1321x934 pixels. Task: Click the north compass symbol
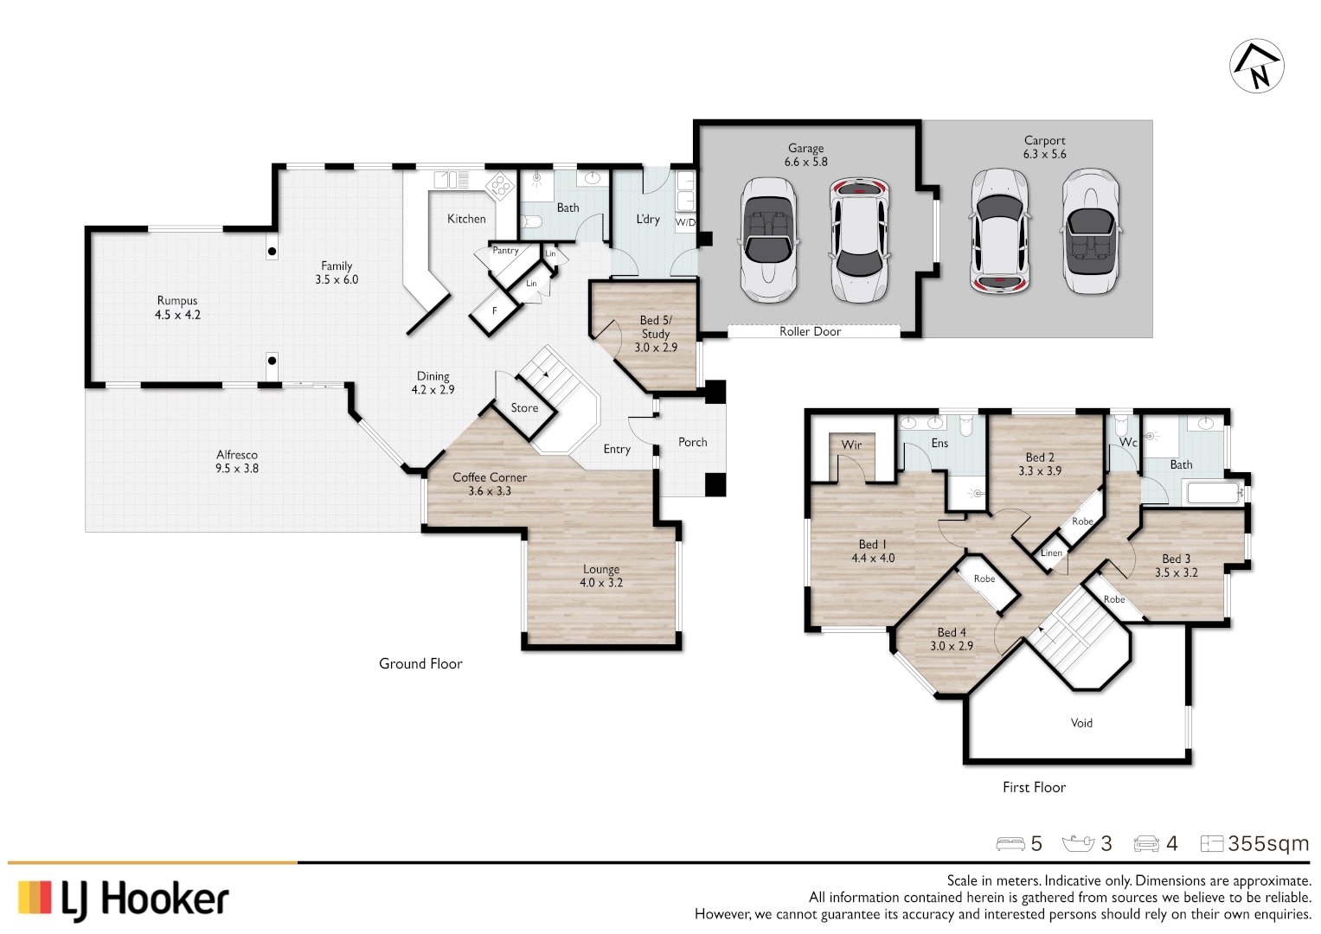(1256, 66)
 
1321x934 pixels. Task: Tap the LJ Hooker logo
(124, 899)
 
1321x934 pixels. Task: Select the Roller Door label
(810, 331)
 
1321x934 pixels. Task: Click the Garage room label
(805, 148)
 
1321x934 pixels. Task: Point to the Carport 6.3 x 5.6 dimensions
(1044, 155)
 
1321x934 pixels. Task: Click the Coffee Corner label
(489, 477)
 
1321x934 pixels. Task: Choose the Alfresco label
(237, 455)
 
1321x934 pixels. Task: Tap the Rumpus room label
(177, 301)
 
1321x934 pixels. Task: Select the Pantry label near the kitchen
(505, 251)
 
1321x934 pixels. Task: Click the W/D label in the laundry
(685, 222)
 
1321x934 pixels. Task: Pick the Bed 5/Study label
(656, 327)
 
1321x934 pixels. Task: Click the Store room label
(524, 408)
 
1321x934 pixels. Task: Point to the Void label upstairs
(1081, 723)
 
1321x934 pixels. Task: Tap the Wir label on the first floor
(851, 445)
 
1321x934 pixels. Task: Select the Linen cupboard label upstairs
(1051, 553)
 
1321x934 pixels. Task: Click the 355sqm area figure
(1267, 844)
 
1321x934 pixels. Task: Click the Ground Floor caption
(420, 664)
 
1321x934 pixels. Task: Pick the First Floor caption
(1034, 788)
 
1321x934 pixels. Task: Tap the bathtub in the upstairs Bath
(1215, 494)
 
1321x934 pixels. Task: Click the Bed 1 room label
(872, 545)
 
